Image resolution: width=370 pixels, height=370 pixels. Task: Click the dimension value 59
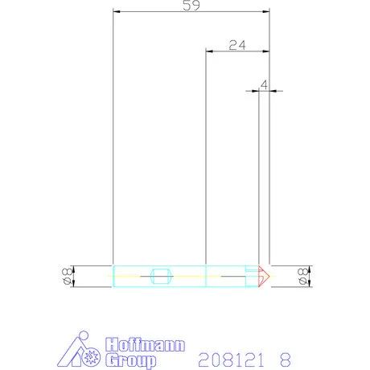[191, 6]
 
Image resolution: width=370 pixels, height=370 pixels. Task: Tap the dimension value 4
[264, 83]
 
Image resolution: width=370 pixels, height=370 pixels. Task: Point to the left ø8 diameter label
[67, 277]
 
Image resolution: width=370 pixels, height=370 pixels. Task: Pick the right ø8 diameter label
[303, 277]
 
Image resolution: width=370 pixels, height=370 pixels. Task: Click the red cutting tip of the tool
[263, 277]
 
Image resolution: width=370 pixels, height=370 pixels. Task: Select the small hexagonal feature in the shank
[161, 277]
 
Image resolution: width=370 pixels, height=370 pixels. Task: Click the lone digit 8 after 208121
[284, 358]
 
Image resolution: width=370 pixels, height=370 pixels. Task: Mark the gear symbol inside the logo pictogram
[90, 357]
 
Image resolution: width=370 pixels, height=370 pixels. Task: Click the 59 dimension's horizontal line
[161, 12]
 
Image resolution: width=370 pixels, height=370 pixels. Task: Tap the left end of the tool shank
[114, 277]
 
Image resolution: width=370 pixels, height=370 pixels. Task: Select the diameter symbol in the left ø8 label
[67, 282]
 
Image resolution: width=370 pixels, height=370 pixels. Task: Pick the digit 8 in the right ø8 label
[303, 272]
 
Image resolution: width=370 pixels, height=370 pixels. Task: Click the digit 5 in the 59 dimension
[187, 6]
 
